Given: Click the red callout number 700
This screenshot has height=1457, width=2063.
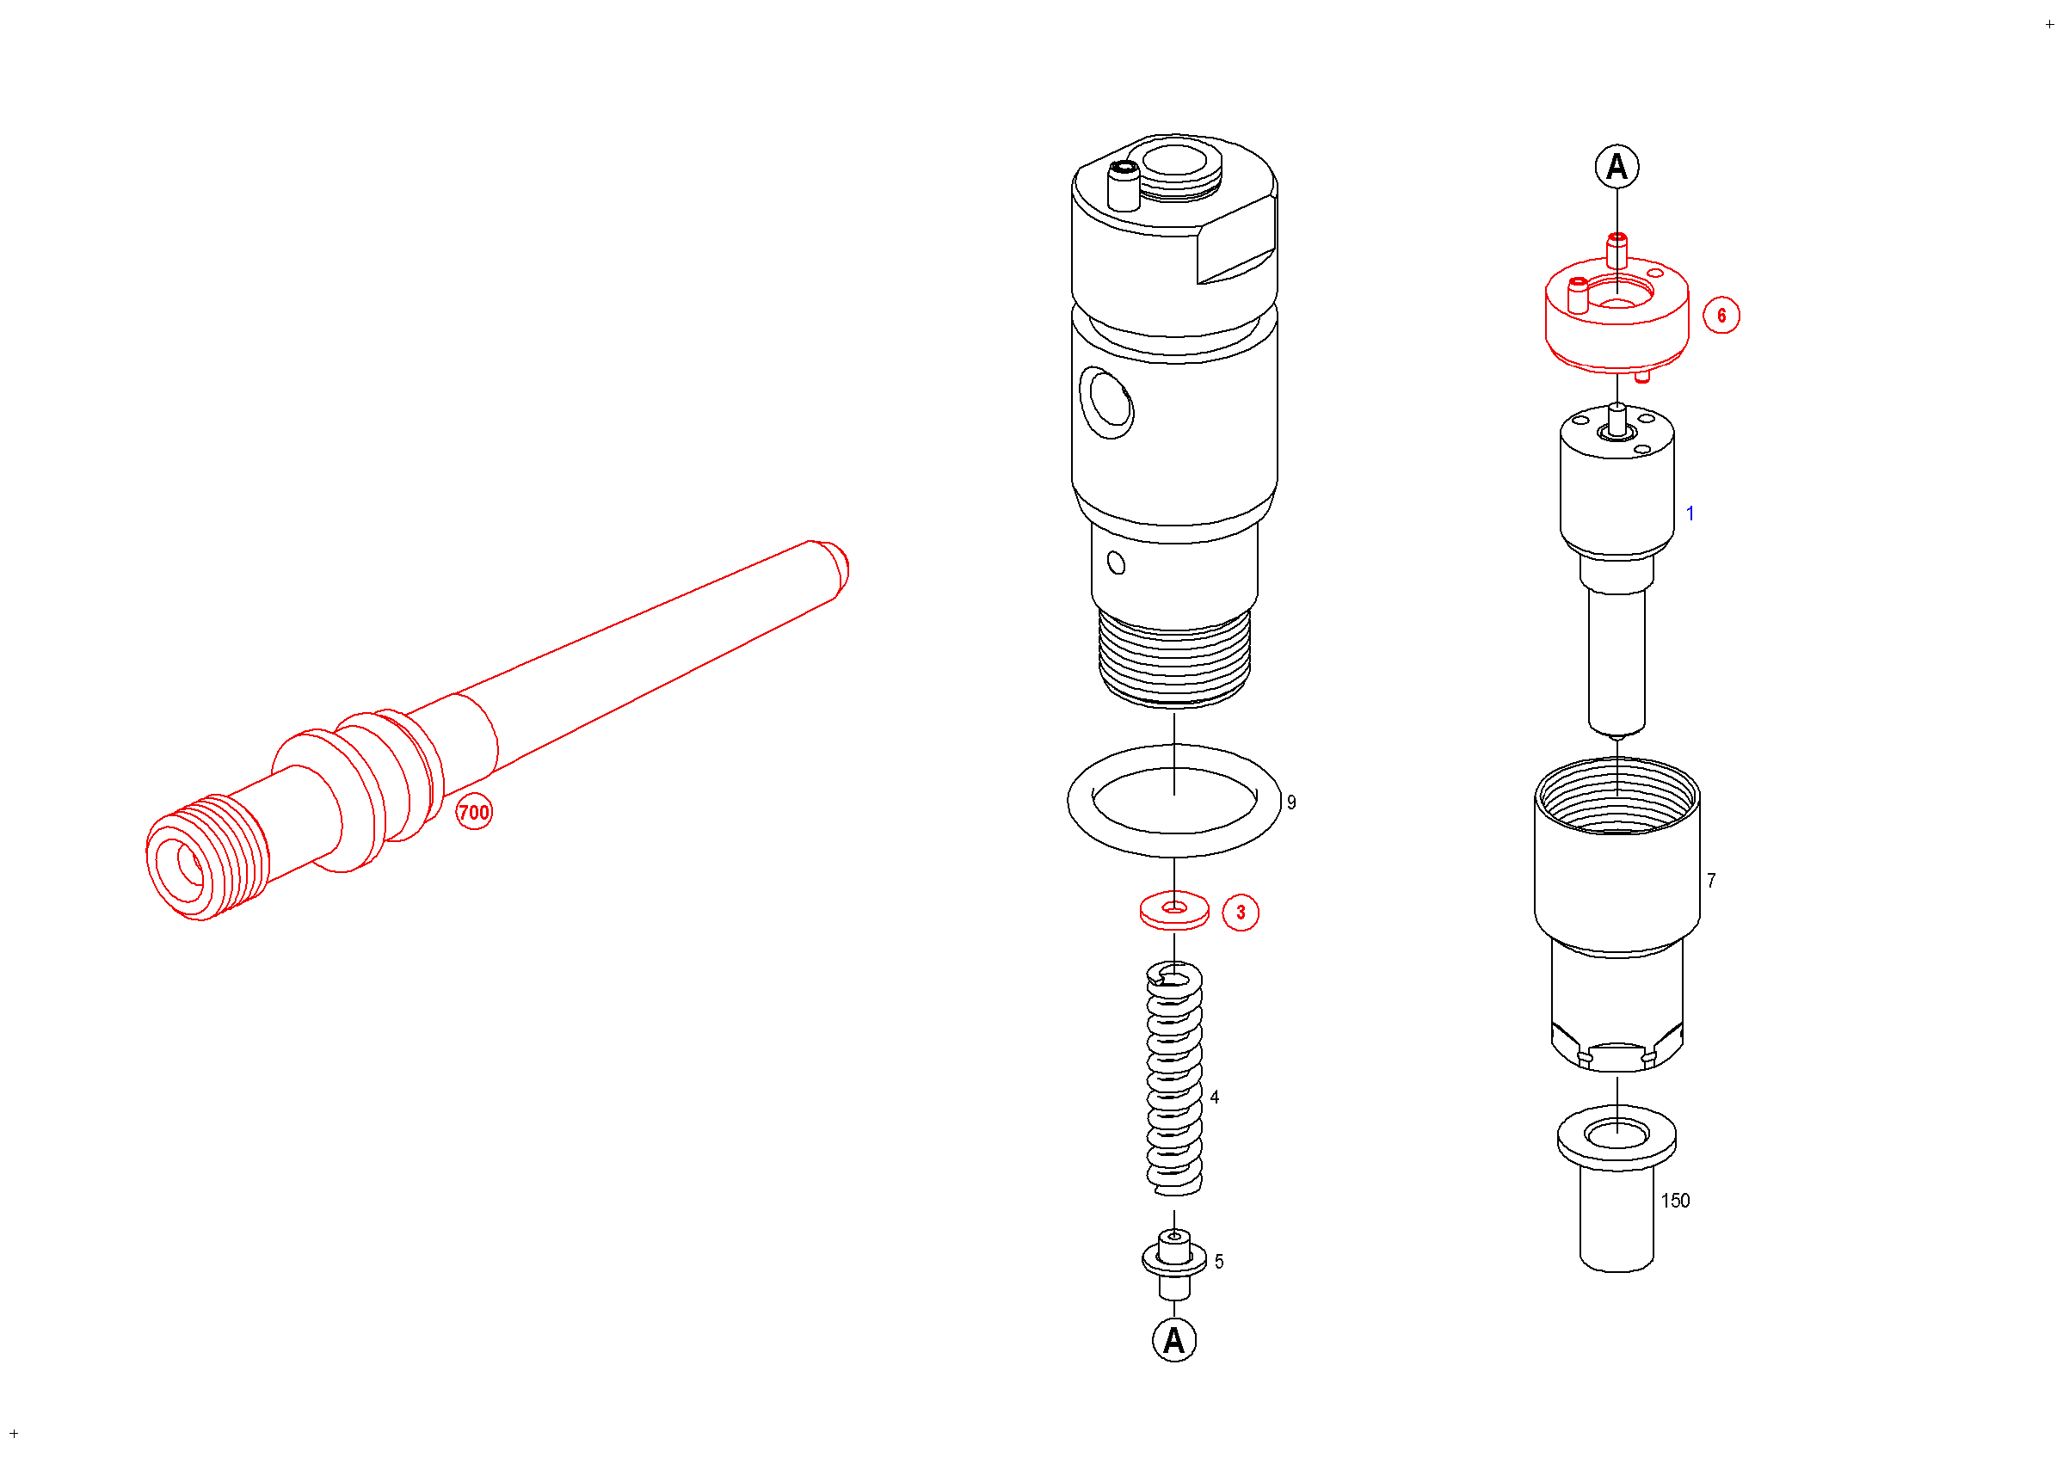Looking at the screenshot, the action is click(473, 813).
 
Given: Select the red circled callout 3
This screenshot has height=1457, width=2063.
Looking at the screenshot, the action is click(1241, 913).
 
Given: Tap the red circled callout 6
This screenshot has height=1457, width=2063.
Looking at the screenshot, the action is click(1721, 316).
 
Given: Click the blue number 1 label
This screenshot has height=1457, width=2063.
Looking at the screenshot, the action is click(1690, 513).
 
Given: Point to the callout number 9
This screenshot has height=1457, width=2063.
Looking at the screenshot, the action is click(1291, 803).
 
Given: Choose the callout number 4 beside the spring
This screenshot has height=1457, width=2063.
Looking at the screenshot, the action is click(1215, 1097).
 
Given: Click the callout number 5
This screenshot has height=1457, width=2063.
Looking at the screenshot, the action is click(1219, 1262).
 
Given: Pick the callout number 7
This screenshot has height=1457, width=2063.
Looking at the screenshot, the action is click(1712, 882).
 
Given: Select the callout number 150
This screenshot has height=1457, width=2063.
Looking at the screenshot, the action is click(1676, 1201).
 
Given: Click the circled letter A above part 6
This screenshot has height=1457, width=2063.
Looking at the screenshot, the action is click(1617, 167).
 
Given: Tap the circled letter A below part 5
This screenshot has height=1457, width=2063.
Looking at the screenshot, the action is click(1174, 1340).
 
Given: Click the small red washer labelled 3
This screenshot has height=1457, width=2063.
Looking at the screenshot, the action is click(1174, 911).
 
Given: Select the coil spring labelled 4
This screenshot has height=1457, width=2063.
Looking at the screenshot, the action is click(1174, 1079).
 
